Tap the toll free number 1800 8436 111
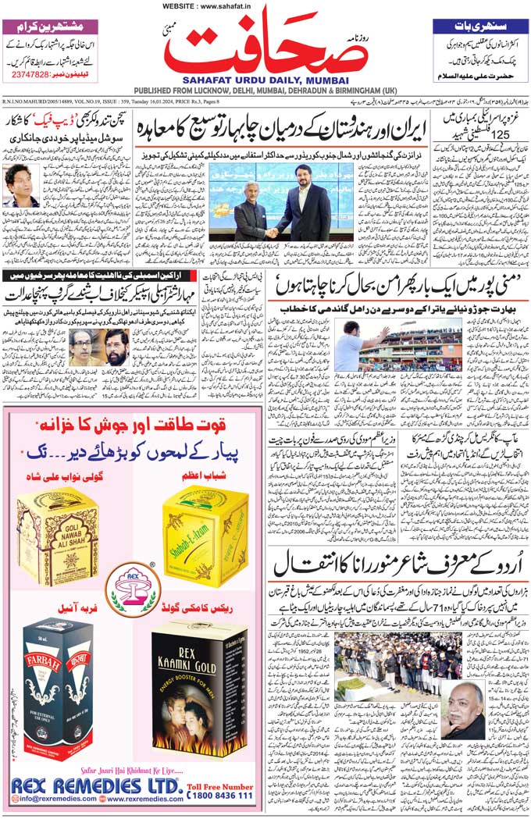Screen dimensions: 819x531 tap(220, 795)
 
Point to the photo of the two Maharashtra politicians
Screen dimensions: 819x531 tap(98, 347)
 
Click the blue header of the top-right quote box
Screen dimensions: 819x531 tap(479, 26)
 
